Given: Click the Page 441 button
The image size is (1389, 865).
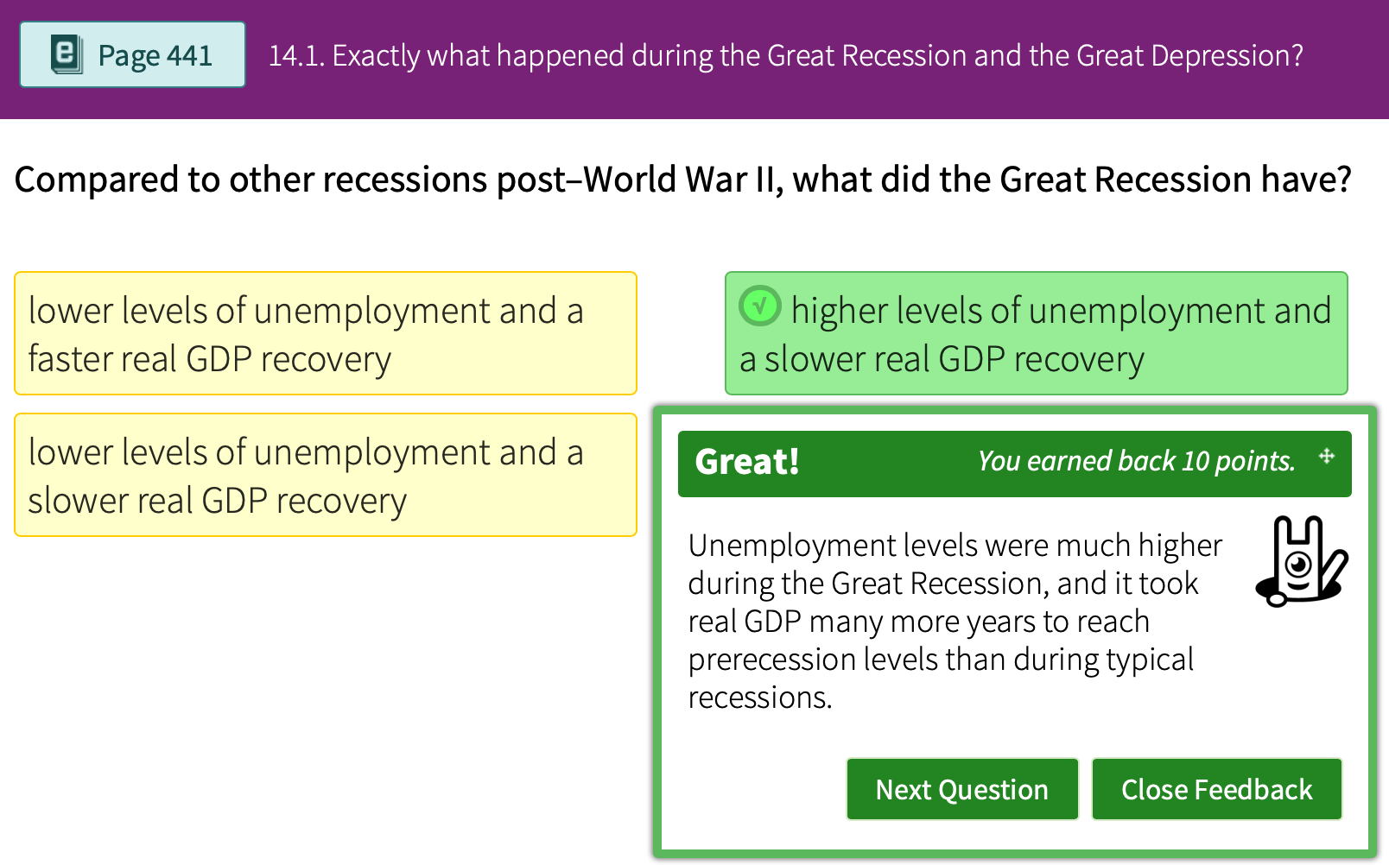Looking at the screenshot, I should (x=132, y=55).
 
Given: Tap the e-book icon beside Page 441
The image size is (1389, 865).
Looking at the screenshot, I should (x=67, y=54).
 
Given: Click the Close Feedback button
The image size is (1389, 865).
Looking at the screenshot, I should (x=1216, y=789).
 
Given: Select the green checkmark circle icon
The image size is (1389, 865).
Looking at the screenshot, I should (x=760, y=306).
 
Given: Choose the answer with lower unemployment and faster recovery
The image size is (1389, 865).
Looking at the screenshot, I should (x=325, y=334).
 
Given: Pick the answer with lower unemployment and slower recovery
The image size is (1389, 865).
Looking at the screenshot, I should (x=325, y=476).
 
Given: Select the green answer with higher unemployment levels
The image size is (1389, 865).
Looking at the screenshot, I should (x=1036, y=334).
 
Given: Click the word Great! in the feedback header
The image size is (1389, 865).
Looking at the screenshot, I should (x=747, y=462).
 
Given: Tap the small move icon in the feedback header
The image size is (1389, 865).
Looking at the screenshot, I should (x=1327, y=457).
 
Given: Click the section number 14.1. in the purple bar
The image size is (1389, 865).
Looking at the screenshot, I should (x=296, y=56).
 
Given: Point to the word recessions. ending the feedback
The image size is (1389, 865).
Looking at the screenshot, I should (x=759, y=698).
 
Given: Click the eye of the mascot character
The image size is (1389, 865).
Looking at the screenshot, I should (x=1298, y=565).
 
